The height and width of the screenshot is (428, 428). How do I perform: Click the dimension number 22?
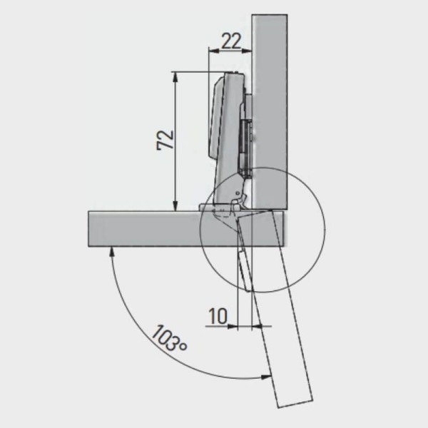pos(231,41)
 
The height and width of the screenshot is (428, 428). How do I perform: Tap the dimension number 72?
pos(165,140)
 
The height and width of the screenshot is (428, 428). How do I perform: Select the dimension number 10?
pos(218,316)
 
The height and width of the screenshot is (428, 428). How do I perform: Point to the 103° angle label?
pos(169,338)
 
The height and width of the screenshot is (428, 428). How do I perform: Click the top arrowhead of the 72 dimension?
pos(175,77)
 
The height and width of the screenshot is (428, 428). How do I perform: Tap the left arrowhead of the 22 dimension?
pos(214,51)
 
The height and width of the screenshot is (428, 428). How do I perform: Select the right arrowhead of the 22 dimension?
pos(246,51)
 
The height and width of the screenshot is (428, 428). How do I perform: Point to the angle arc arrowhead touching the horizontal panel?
pos(111,251)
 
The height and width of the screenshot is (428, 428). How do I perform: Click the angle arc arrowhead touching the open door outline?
pos(266,377)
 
